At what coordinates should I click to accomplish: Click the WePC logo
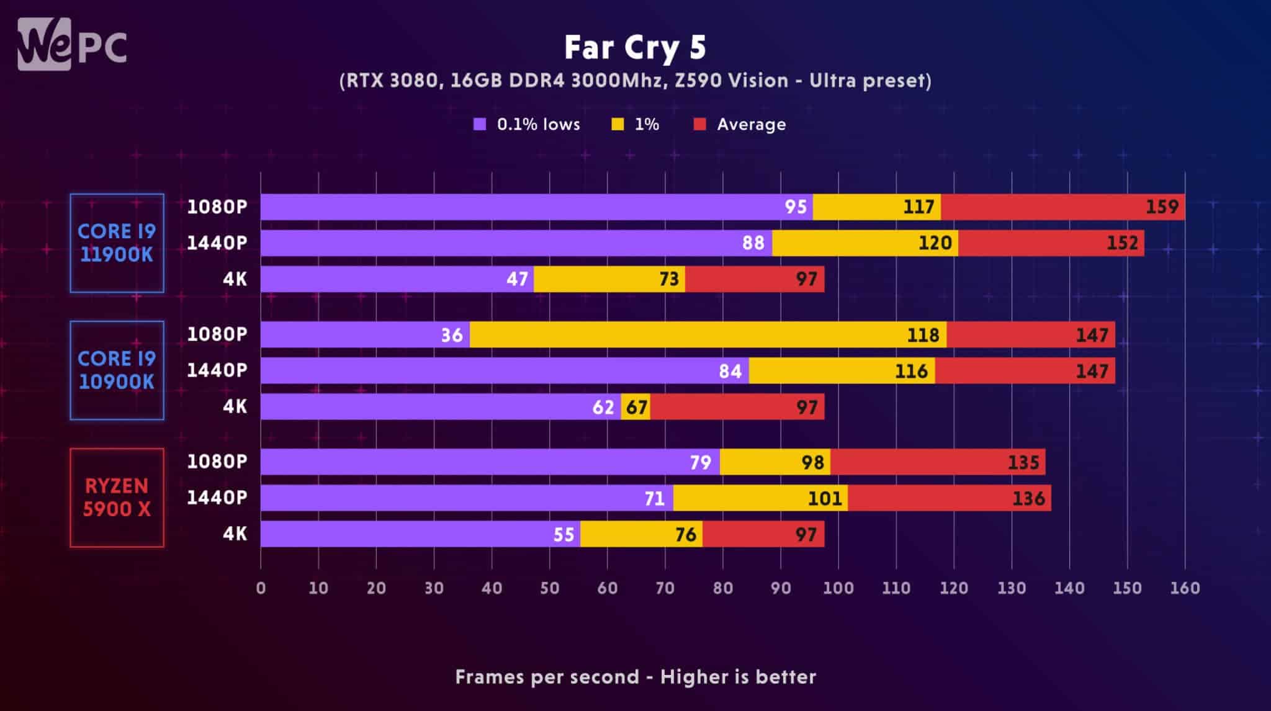[72, 44]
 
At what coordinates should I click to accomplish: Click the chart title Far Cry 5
[635, 47]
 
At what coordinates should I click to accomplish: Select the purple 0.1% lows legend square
[480, 124]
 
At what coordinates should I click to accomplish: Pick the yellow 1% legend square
[618, 124]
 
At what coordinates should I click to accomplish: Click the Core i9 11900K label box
[117, 243]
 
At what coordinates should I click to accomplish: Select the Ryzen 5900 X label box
[117, 498]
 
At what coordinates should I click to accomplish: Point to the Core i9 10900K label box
[117, 370]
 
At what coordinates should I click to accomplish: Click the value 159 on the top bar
[1162, 207]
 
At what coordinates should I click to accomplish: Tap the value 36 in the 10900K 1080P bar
[452, 335]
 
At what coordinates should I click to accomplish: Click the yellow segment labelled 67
[636, 407]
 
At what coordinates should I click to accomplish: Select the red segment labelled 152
[1051, 243]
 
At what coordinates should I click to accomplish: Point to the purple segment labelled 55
[420, 534]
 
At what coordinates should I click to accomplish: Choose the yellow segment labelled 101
[760, 498]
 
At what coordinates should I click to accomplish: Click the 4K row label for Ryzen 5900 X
[235, 534]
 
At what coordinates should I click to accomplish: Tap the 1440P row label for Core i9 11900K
[217, 243]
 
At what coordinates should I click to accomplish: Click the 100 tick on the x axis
[838, 588]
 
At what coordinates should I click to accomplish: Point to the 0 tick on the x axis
[261, 588]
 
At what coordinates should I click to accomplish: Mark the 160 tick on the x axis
[1185, 588]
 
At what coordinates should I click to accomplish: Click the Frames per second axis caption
[635, 677]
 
